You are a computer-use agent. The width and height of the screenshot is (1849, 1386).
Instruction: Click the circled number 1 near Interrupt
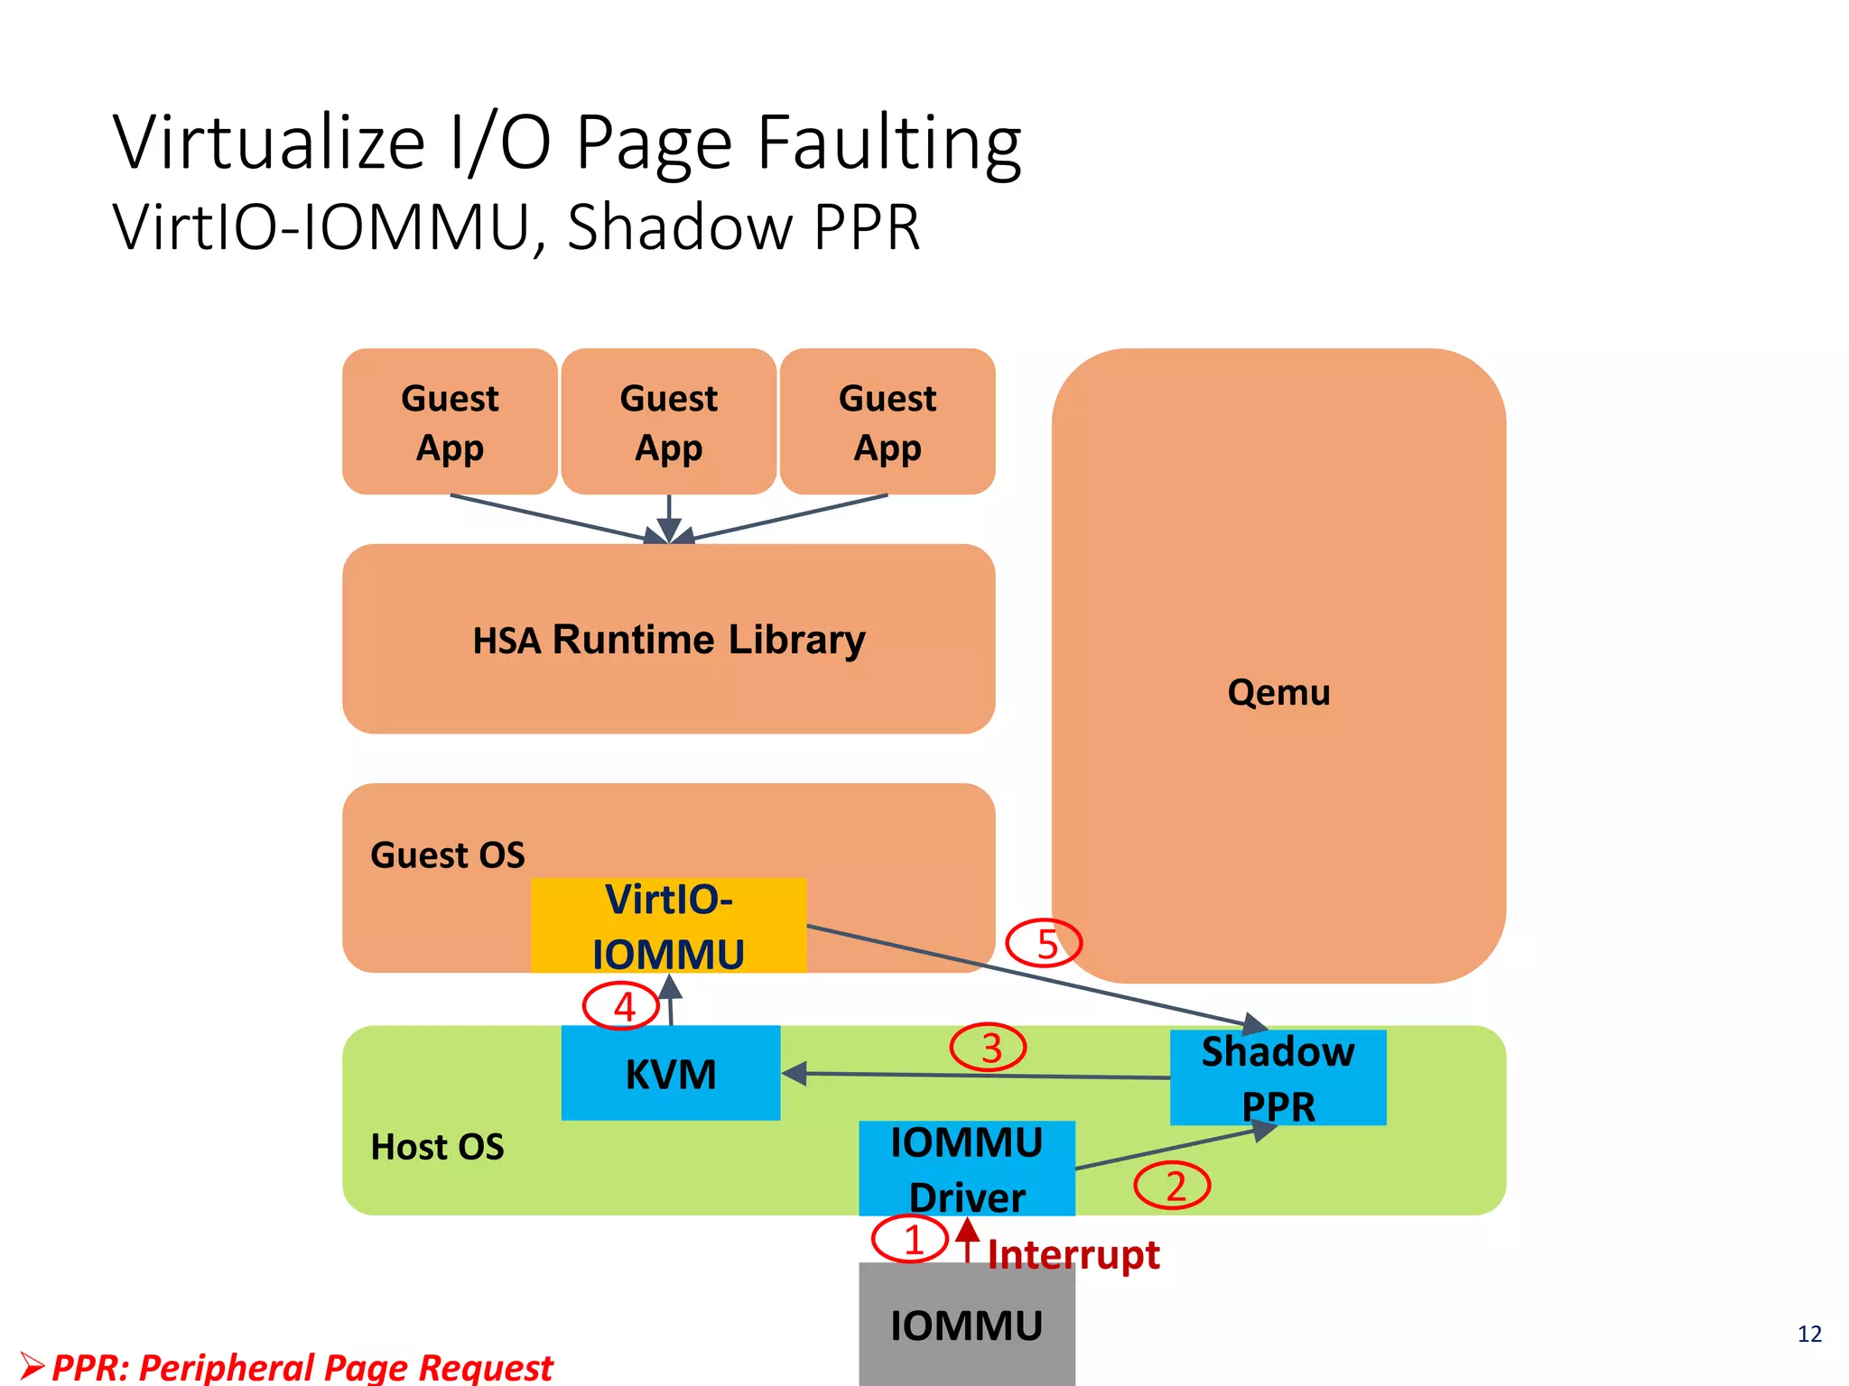pyautogui.click(x=910, y=1239)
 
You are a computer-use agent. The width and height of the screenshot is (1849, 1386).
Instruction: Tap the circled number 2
pyautogui.click(x=1172, y=1185)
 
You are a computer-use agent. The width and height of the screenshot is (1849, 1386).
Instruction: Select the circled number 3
pyautogui.click(x=989, y=1048)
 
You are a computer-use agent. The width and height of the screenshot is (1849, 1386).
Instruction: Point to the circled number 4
pyautogui.click(x=622, y=1005)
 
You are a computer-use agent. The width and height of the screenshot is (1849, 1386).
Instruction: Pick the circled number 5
pyautogui.click(x=1045, y=943)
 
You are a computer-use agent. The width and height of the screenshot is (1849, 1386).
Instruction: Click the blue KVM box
pyautogui.click(x=671, y=1073)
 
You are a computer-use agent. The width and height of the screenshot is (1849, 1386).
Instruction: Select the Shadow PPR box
pyautogui.click(x=1278, y=1077)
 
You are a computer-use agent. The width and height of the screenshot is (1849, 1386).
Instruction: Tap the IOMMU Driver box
pyautogui.click(x=966, y=1169)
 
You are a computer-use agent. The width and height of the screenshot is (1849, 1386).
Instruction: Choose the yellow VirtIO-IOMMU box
pyautogui.click(x=668, y=926)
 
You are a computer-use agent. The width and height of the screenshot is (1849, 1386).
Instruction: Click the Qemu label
pyautogui.click(x=1278, y=692)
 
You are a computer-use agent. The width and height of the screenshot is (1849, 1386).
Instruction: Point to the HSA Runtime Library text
pyautogui.click(x=669, y=639)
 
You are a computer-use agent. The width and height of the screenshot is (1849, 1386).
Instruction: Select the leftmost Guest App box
pyautogui.click(x=450, y=421)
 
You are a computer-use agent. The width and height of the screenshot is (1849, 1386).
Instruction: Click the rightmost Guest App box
pyautogui.click(x=887, y=421)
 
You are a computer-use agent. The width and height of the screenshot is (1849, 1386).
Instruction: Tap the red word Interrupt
pyautogui.click(x=1073, y=1254)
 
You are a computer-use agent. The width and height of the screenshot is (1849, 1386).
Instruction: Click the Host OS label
pyautogui.click(x=437, y=1147)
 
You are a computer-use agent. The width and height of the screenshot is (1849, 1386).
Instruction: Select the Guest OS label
pyautogui.click(x=447, y=855)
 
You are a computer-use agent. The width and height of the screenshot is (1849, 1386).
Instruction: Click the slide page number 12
pyautogui.click(x=1809, y=1334)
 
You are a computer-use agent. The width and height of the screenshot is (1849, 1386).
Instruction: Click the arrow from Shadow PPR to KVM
pyautogui.click(x=975, y=1075)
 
